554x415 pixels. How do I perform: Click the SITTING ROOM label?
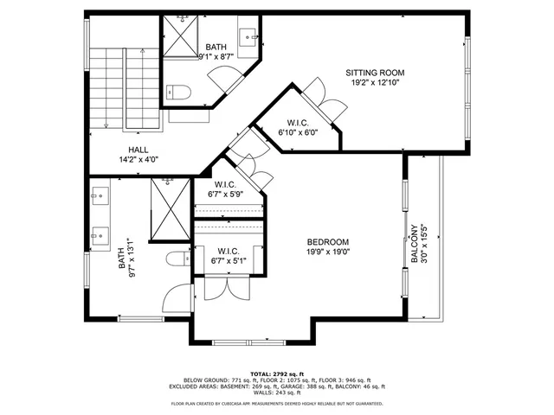click(x=375, y=73)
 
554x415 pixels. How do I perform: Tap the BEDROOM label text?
click(x=328, y=242)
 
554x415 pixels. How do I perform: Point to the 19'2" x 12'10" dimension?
click(x=375, y=83)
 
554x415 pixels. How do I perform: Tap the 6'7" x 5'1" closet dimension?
click(x=228, y=261)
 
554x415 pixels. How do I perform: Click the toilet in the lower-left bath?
click(x=176, y=258)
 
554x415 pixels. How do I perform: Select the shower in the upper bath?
click(x=183, y=37)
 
